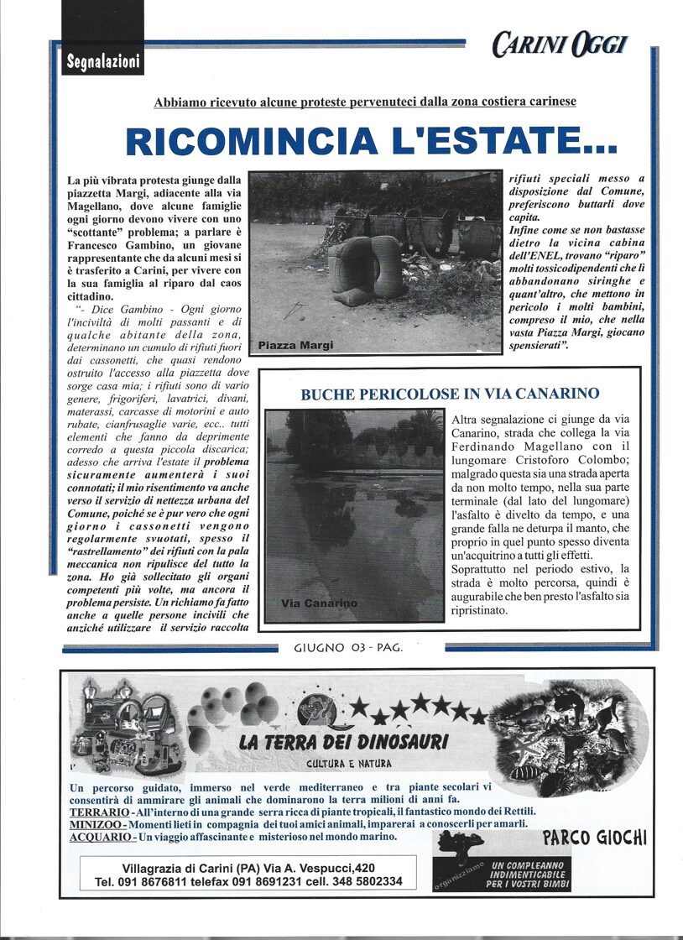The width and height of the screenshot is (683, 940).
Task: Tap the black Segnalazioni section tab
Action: [x=102, y=61]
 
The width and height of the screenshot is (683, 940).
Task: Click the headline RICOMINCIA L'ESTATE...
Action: [x=372, y=141]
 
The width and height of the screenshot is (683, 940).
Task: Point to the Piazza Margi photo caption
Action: [x=295, y=345]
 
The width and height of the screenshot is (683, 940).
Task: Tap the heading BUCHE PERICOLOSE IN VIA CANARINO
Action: [x=450, y=394]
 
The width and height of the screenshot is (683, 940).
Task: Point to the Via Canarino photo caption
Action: [x=319, y=603]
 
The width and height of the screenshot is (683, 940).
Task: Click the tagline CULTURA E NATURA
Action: [x=348, y=764]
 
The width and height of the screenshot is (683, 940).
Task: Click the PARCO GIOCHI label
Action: [x=595, y=838]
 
